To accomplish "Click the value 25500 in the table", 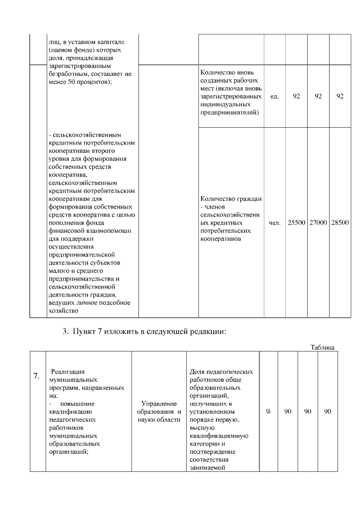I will tap(296, 223).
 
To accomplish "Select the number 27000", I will tap(318, 223).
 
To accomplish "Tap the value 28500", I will tap(340, 223).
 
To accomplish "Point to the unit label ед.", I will tap(274, 96).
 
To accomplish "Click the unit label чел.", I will tap(274, 223).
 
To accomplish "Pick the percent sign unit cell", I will tap(268, 412).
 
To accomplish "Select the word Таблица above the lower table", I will tap(323, 348).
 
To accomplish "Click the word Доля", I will tap(199, 372).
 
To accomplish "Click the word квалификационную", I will tap(219, 435).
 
